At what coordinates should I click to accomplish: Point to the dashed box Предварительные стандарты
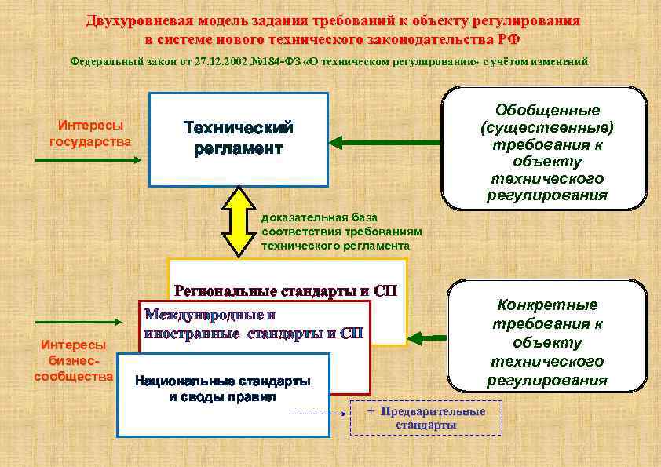click(425, 418)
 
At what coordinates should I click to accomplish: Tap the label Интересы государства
click(90, 133)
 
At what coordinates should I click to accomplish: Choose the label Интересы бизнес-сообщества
click(75, 360)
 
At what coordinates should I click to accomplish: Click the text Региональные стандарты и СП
click(286, 290)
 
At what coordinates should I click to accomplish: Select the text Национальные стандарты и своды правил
click(223, 389)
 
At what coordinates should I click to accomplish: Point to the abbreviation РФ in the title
click(508, 38)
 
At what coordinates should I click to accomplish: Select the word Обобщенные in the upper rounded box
click(547, 111)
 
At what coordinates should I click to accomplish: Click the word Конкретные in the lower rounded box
click(547, 305)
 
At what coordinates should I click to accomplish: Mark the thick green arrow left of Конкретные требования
click(427, 339)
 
